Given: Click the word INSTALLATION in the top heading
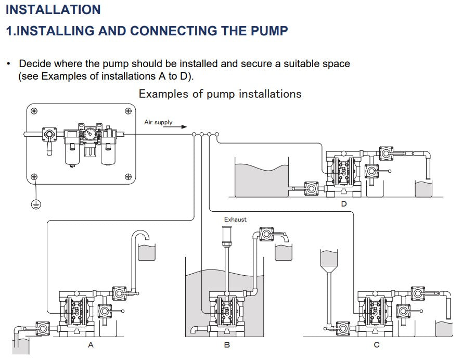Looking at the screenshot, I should point(53,9).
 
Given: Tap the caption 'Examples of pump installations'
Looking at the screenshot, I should point(220,94).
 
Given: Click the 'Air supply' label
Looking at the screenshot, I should point(158,122).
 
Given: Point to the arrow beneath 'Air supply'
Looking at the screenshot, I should point(177,126).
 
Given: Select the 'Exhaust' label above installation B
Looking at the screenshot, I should point(235,220).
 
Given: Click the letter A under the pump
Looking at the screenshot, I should point(91,345).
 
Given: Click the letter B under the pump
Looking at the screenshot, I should point(227,345).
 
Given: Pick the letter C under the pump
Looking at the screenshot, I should point(377,345).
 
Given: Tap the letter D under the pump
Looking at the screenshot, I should point(343,204).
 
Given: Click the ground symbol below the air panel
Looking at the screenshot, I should point(35,203).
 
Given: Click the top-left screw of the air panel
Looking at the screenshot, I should point(34,111).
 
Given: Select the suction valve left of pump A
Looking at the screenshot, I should point(41,328).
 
